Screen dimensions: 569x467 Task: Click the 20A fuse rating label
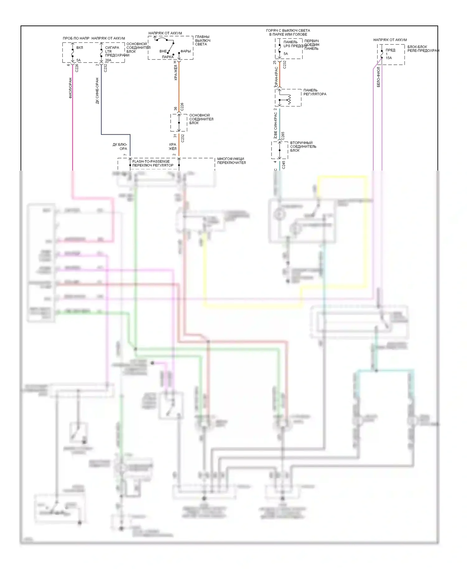pos(108,60)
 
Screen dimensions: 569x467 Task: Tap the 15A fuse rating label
pos(389,58)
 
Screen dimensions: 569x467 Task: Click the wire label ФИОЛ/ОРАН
pos(70,88)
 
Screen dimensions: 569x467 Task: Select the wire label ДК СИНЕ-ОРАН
pos(97,91)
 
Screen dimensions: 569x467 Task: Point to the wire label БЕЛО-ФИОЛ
pos(379,77)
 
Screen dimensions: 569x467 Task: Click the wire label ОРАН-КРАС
pos(276,76)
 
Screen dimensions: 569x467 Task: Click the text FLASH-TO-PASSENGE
pos(151,161)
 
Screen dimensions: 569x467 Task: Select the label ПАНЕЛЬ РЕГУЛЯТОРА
pos(315,92)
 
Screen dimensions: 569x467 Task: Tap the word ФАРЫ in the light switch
pos(186,51)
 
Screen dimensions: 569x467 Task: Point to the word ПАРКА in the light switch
pos(168,57)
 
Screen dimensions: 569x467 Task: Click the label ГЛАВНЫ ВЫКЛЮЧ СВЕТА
pos(203,40)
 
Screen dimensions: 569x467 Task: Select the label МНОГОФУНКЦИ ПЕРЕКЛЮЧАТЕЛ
pos(231,161)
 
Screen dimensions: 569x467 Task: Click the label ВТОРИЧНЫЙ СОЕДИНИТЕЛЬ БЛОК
pos(303,147)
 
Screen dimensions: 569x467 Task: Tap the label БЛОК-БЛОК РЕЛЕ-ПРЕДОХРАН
pos(423,49)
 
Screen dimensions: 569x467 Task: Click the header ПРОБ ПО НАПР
pos(76,38)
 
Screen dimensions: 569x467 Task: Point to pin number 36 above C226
pos(176,109)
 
